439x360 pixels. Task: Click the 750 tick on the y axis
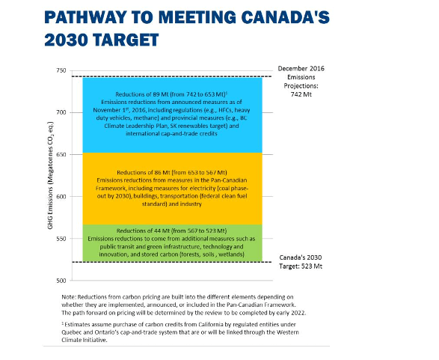click(x=61, y=70)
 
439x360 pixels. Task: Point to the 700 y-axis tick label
click(x=61, y=112)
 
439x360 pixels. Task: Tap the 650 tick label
click(x=61, y=155)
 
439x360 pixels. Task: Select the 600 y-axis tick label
click(x=61, y=197)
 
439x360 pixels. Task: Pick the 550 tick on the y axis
click(x=61, y=239)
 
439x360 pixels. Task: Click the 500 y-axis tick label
click(x=61, y=281)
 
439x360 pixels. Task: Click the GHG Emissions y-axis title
click(x=50, y=175)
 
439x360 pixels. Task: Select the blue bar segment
click(x=173, y=115)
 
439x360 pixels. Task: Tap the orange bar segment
click(x=173, y=189)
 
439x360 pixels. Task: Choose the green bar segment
click(x=173, y=242)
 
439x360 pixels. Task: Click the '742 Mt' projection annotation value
click(x=301, y=94)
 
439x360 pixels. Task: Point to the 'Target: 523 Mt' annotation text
click(x=301, y=266)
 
